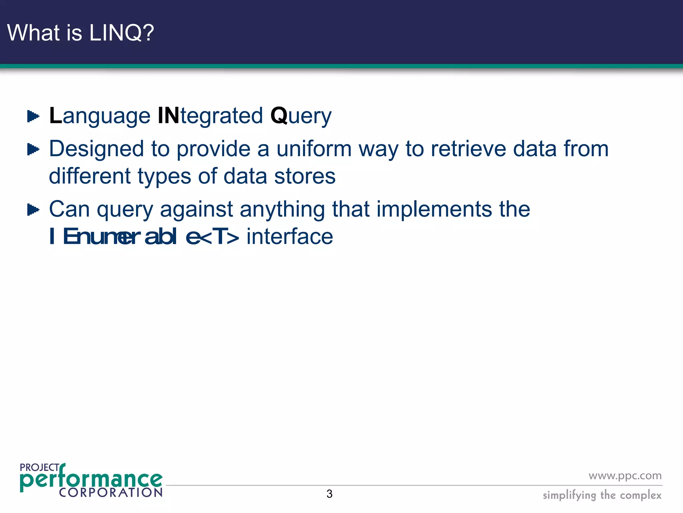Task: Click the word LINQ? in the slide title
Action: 121,33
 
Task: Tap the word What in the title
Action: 34,33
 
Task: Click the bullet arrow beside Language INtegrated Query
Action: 33,117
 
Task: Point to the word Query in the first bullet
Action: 301,116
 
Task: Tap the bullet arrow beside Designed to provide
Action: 33,149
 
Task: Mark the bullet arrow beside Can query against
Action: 33,210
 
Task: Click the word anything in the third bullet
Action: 282,209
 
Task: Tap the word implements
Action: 434,209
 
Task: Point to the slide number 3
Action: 329,494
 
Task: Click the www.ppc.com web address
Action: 625,476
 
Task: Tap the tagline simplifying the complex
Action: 602,495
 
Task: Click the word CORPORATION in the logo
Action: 110,492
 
